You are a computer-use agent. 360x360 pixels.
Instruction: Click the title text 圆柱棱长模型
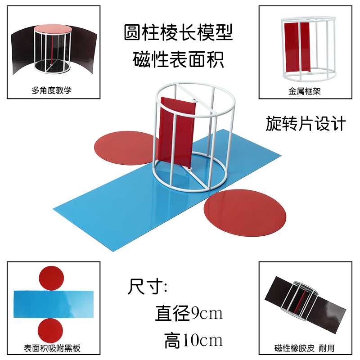pos(179,33)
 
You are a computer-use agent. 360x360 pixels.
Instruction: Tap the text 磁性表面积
pos(179,59)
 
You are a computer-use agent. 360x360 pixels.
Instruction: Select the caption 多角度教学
pos(52,90)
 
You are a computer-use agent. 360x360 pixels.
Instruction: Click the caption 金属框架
pos(305,90)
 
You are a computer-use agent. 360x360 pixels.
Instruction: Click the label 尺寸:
pos(148,287)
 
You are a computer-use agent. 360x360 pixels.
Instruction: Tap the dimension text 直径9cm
pos(189,313)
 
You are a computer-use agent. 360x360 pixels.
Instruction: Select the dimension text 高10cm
pos(193,341)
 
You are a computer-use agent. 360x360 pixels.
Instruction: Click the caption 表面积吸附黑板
pos(52,348)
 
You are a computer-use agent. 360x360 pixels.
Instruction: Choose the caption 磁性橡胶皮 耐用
pos(305,348)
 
